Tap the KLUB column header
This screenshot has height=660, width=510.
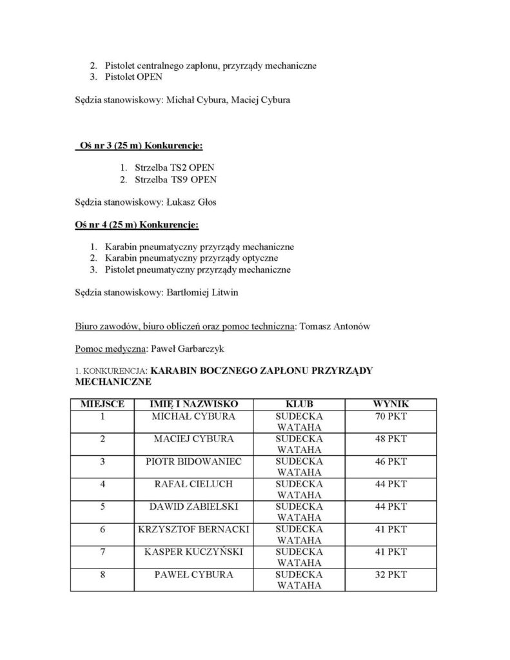point(299,403)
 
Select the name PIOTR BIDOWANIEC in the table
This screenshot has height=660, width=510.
point(194,461)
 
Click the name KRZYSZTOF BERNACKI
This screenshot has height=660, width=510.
point(194,529)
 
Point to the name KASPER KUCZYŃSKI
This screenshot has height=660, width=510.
point(194,552)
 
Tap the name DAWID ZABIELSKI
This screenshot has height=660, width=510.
point(194,507)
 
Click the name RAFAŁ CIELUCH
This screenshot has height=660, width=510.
point(194,484)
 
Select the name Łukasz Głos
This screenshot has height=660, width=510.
point(187,202)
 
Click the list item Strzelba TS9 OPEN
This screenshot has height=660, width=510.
point(173,180)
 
